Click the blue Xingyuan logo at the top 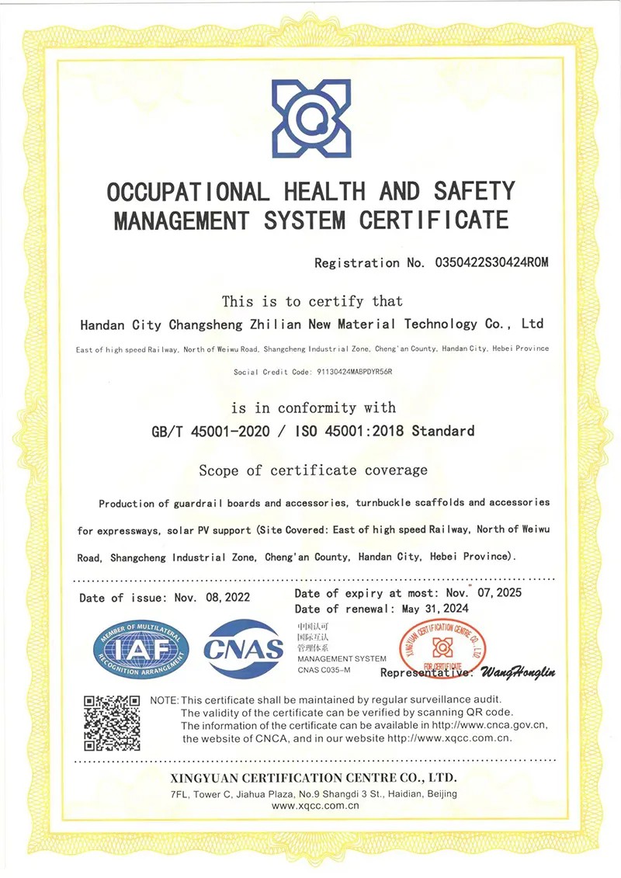(x=310, y=119)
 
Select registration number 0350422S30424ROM (x=487, y=263)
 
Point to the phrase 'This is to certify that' (x=312, y=301)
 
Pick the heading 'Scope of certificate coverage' (x=313, y=470)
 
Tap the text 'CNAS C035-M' (x=324, y=668)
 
